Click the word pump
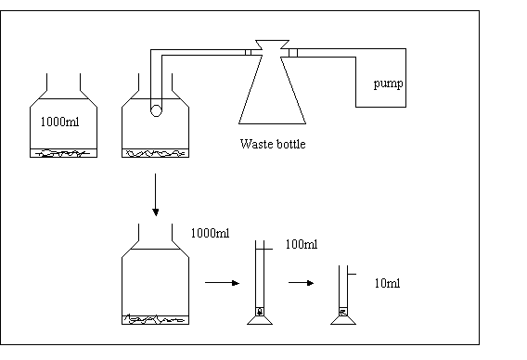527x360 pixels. coord(388,84)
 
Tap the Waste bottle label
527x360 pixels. coord(273,144)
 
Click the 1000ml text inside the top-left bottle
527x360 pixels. coord(59,122)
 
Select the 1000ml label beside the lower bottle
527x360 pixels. coord(210,233)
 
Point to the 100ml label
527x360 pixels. coord(302,244)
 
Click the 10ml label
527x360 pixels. coord(387,283)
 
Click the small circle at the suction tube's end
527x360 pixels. coord(156,110)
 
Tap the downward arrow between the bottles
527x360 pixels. coord(155,195)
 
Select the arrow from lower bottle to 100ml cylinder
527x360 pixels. coord(222,283)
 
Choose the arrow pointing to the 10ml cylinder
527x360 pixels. coord(302,283)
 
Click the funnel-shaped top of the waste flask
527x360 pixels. coord(272,45)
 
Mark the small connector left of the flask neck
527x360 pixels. coord(248,53)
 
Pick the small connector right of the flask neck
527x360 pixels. coord(293,53)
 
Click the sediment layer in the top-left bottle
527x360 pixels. coord(63,153)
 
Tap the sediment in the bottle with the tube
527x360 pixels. coord(155,153)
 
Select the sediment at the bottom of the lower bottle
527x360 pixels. coord(155,320)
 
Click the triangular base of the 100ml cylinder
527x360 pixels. coord(260,320)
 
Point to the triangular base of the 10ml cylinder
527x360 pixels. coord(343,320)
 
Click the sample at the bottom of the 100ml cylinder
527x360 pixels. coord(260,312)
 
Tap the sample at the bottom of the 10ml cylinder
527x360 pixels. coord(343,312)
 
